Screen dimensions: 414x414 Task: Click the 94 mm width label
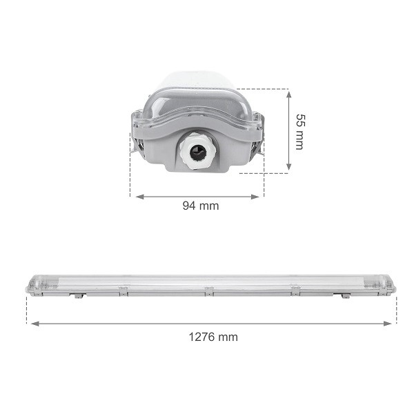pyautogui.click(x=201, y=206)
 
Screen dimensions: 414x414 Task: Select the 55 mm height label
pyautogui.click(x=299, y=132)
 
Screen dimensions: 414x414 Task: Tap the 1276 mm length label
pyautogui.click(x=213, y=337)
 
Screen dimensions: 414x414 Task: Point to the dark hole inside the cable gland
pyautogui.click(x=197, y=152)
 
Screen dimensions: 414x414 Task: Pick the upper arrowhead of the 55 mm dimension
pyautogui.click(x=289, y=95)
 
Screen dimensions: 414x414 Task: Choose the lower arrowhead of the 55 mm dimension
pyautogui.click(x=289, y=166)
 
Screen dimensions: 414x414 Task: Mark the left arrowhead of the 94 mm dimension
pyautogui.click(x=139, y=197)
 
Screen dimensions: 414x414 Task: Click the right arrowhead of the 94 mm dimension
pyautogui.click(x=255, y=197)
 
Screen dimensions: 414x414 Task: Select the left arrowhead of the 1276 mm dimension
pyautogui.click(x=35, y=324)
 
